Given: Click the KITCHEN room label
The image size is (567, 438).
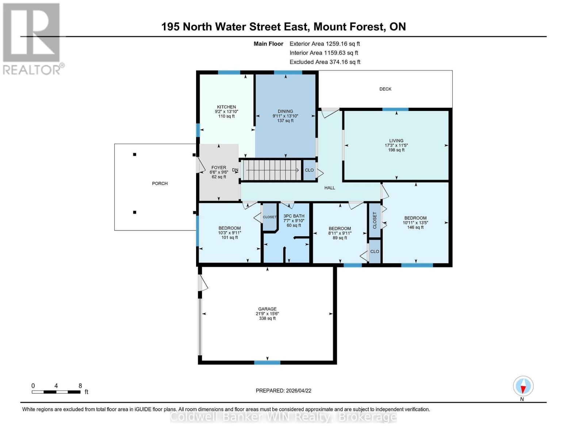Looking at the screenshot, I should click(x=226, y=107).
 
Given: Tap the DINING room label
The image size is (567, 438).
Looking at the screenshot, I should click(x=285, y=112).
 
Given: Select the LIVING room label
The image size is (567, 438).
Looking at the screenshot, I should click(x=396, y=141).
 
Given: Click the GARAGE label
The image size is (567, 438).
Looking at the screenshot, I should click(x=267, y=309).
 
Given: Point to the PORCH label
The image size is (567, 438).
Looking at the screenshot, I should click(x=160, y=184).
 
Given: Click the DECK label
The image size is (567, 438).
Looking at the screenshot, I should click(x=385, y=89).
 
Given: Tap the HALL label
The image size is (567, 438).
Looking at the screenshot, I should click(x=330, y=188).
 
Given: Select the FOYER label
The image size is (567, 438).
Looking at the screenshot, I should click(x=219, y=168).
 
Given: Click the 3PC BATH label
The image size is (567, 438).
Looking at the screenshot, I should click(x=294, y=216).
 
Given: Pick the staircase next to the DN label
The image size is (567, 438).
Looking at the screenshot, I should click(x=272, y=170).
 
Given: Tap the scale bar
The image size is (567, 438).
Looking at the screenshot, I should click(x=56, y=392).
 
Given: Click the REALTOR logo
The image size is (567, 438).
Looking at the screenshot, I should click(x=32, y=38).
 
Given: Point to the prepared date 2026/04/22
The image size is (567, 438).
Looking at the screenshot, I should click(x=283, y=391).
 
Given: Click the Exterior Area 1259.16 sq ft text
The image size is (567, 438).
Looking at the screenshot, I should click(x=325, y=44).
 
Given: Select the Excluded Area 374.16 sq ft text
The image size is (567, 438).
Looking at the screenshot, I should click(x=325, y=62).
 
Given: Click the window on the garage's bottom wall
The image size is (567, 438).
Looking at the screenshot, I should click(x=267, y=362).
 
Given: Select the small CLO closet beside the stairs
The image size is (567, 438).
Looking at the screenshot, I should click(x=309, y=170).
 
